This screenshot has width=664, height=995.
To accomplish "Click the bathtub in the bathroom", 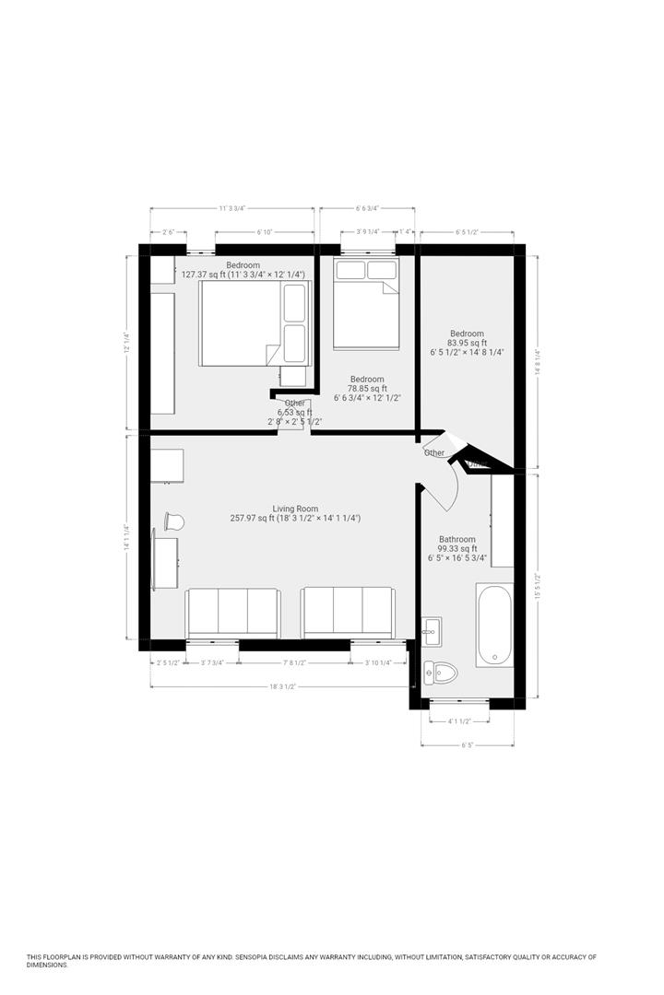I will pos(494,625).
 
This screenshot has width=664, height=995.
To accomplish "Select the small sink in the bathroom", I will pos(431,630).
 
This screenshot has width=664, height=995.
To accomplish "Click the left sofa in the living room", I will pos(232,612).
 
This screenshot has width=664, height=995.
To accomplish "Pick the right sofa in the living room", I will pos(348,612).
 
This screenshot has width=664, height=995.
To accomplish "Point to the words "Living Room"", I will pos(295,509).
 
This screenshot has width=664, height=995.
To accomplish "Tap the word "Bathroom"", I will pos(457,540).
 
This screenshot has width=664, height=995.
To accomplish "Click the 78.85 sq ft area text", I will pos(367,389).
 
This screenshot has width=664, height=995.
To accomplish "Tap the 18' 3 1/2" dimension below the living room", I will pos(282,686).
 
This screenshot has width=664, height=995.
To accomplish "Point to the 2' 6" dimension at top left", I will pos(169,232).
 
